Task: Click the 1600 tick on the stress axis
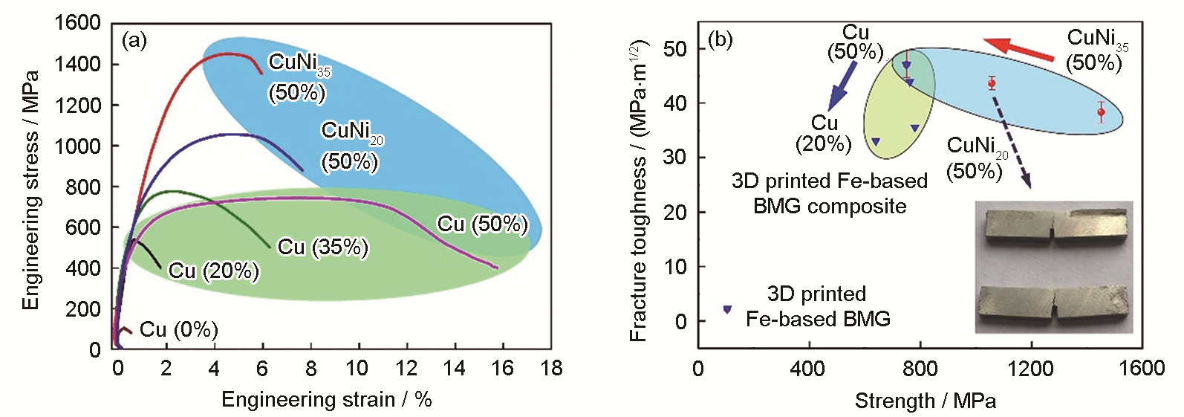77,23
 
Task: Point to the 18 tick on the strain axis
551,368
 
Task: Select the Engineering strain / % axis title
326,400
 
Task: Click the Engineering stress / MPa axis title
30,190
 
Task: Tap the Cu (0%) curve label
178,329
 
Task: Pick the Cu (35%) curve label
322,247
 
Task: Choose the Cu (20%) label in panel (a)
213,271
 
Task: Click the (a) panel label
134,40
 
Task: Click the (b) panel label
720,39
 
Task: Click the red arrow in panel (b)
1018,48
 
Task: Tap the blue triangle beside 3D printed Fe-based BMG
727,309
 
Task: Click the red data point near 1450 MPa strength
1101,112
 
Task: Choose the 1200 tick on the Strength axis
1031,368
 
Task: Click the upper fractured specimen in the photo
1053,230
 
